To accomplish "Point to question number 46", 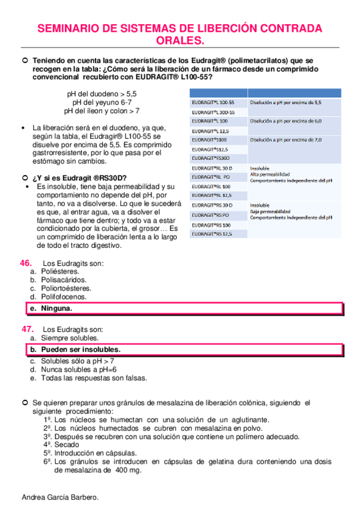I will coord(26,263).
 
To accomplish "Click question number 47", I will coord(27,329).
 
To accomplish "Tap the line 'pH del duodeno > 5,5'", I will coord(102,94).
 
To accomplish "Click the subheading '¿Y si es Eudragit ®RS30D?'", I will coord(80,178).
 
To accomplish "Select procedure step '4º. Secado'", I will coord(60,444).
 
